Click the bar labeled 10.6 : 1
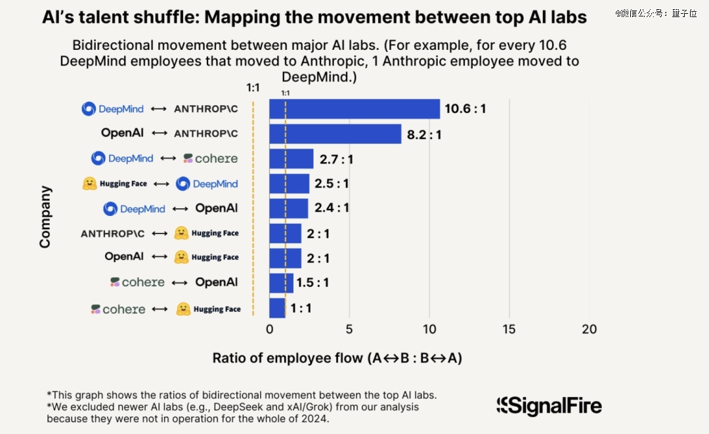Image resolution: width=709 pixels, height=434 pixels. click(x=354, y=109)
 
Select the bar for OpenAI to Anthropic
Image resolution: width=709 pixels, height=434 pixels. click(x=335, y=134)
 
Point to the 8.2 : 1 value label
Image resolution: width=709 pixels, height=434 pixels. click(x=424, y=135)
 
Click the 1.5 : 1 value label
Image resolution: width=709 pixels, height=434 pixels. click(x=312, y=283)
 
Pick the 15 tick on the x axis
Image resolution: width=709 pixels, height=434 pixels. click(x=509, y=330)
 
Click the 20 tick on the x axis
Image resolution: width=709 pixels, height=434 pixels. click(x=589, y=330)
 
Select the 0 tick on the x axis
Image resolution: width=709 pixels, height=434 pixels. click(x=270, y=330)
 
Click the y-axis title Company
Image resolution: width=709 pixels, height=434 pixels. click(x=45, y=217)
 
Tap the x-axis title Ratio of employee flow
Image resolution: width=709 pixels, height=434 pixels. click(x=337, y=358)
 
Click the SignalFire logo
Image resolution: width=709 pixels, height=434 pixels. click(x=549, y=406)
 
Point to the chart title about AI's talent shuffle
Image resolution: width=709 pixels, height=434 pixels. click(x=314, y=18)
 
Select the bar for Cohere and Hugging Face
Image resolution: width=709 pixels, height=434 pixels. click(x=278, y=308)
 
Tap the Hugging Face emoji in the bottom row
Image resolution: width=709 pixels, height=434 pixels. click(x=184, y=309)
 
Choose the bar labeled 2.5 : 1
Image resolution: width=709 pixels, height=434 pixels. click(x=290, y=184)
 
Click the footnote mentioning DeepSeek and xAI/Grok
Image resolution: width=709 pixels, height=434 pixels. click(x=232, y=412)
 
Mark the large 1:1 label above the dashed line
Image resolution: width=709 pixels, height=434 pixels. click(x=253, y=87)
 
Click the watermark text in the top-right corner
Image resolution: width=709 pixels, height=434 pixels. click(x=656, y=12)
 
